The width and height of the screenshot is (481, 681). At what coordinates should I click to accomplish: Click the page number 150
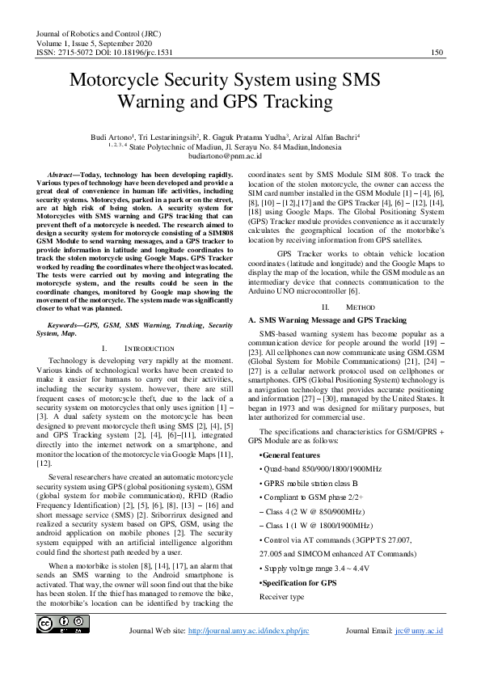(x=437, y=53)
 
